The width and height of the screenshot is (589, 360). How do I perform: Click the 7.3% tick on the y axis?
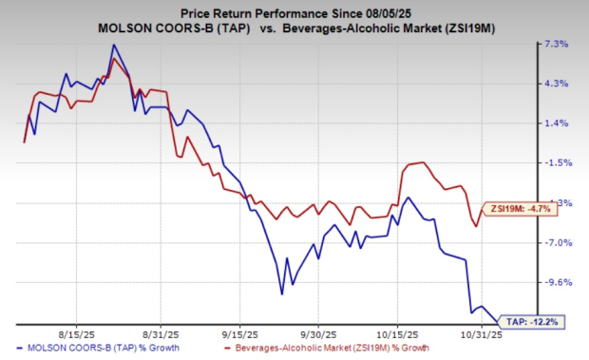[556, 45]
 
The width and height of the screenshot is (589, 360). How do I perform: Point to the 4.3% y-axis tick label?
[556, 84]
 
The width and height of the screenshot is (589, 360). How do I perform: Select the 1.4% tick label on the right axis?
[556, 123]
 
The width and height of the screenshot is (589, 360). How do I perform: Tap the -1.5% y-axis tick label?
[556, 163]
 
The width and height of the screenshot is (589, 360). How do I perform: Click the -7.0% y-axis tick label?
[556, 242]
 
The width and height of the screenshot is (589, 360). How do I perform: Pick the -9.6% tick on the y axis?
[556, 282]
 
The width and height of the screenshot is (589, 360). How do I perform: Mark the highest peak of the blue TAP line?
[114, 46]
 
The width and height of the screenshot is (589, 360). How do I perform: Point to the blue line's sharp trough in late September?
[282, 294]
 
